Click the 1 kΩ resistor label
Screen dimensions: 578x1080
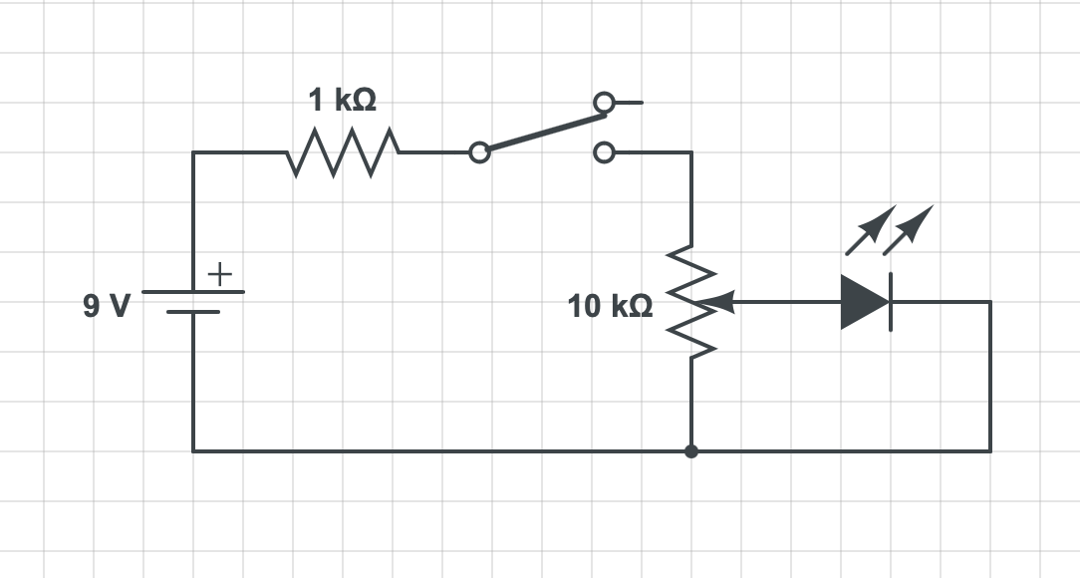point(342,101)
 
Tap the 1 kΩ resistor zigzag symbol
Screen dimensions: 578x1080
point(343,152)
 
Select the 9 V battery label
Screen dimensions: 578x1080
point(107,305)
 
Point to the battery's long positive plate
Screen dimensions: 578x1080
point(192,292)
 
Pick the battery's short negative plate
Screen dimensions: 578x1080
point(192,312)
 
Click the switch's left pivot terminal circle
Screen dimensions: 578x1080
point(479,152)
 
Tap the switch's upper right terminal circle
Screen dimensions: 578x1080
point(603,102)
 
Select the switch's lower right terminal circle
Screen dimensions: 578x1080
point(603,152)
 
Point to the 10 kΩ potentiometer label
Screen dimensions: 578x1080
point(611,306)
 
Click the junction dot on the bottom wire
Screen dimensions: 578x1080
point(691,451)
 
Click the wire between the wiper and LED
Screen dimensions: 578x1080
point(787,301)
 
